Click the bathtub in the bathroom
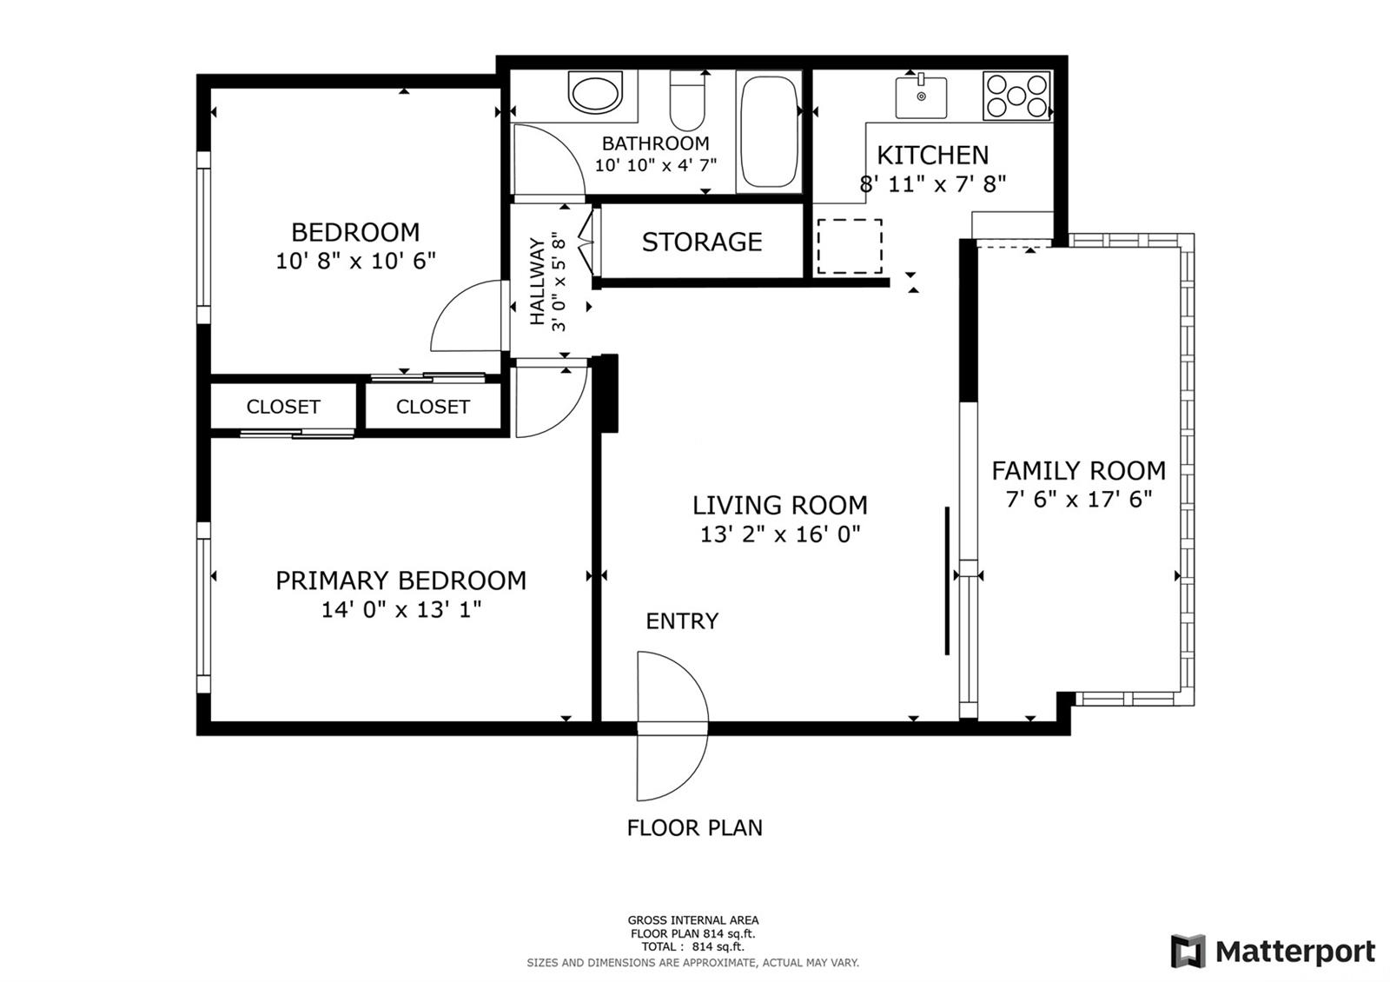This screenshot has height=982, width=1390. [769, 131]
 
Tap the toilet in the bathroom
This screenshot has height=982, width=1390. [687, 101]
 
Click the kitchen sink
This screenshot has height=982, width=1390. [921, 96]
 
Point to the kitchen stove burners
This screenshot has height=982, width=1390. [1016, 96]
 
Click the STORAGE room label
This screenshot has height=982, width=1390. [702, 242]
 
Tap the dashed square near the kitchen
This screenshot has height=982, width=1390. [850, 247]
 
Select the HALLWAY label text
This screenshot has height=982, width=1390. [537, 281]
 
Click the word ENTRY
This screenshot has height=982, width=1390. [682, 620]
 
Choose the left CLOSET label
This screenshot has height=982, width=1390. [283, 407]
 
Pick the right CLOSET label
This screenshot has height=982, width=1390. [433, 407]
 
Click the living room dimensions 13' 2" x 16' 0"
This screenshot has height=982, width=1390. [780, 534]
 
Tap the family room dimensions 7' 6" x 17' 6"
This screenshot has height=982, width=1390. [1078, 499]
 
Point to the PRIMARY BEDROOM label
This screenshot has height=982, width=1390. [400, 581]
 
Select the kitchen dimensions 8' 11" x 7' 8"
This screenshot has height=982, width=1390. [933, 184]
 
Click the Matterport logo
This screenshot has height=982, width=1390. [1273, 951]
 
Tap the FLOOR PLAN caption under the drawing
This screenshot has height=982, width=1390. [694, 827]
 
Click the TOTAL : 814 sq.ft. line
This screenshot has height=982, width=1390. [692, 946]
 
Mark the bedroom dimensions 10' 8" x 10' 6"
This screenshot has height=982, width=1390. [355, 262]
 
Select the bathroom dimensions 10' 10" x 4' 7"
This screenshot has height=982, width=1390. [656, 166]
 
